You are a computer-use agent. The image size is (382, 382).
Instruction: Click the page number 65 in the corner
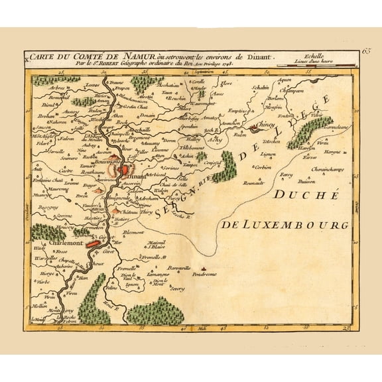tap(367, 52)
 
